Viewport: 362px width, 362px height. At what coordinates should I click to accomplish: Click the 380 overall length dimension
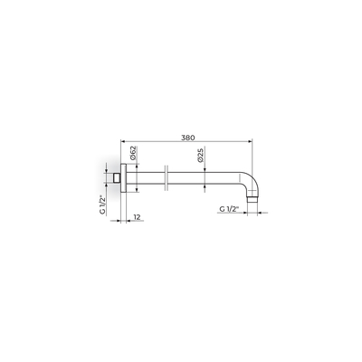coord(188,138)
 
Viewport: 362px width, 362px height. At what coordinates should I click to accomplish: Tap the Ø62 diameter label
coord(133,153)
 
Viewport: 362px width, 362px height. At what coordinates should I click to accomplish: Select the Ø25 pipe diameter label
coord(201,155)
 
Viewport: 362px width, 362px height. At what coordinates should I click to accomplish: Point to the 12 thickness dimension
coord(138,217)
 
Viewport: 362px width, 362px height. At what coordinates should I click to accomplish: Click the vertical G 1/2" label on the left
coord(103,205)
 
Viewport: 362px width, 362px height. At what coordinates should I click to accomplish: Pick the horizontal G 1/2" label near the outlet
coord(229,209)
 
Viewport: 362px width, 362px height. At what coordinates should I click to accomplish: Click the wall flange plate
coord(124,178)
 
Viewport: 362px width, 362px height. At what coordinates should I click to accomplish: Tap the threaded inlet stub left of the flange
coord(117,178)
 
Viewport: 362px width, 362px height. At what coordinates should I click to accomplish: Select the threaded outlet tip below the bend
coord(252,200)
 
